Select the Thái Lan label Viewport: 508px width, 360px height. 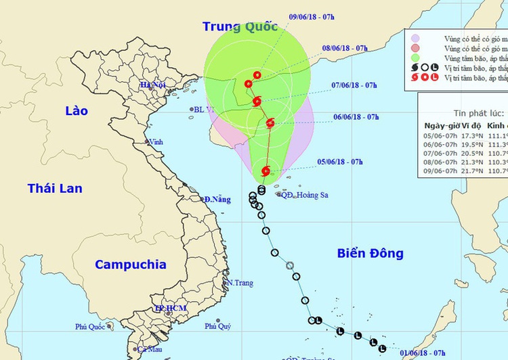[55, 188]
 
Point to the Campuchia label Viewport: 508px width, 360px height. [130, 265]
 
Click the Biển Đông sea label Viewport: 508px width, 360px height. [371, 254]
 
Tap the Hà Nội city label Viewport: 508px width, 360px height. [152, 85]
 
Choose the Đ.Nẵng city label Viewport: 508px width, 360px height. [217, 200]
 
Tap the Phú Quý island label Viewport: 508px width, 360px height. [218, 326]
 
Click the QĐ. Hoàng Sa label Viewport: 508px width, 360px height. [305, 195]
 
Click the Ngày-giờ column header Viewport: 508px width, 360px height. [442, 125]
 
